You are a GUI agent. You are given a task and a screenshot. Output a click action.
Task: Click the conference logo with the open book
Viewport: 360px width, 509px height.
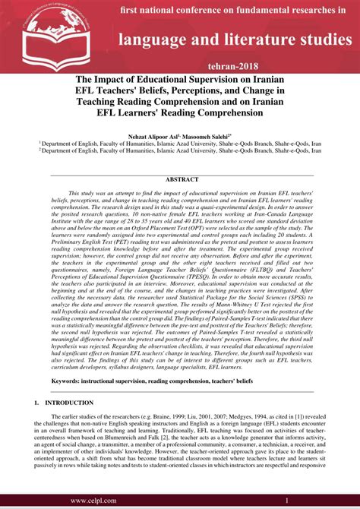[x=38, y=33]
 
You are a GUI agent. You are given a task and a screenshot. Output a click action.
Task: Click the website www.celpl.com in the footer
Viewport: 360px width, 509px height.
[x=98, y=501]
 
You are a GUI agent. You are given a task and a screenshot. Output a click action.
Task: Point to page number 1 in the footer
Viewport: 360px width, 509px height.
[x=287, y=501]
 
